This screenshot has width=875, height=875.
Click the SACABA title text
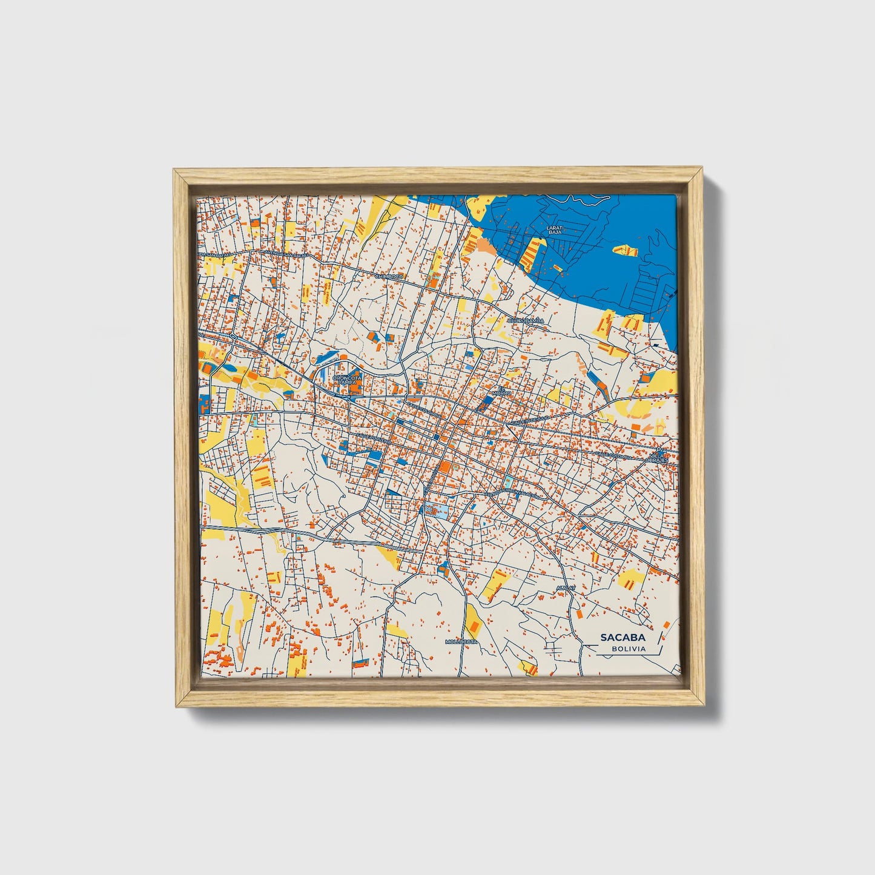coord(622,637)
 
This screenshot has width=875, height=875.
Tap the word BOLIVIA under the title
coord(628,649)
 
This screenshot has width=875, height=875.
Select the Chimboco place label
coord(389,276)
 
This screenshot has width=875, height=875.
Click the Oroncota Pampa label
coord(347,380)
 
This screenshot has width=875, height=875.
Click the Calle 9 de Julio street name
coord(530,418)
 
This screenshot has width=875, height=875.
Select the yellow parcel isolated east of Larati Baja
coord(625,249)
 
